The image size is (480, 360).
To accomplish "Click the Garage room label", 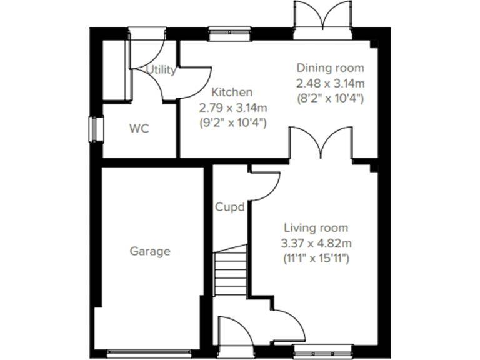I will [x=150, y=251].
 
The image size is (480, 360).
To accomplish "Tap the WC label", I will [x=139, y=129].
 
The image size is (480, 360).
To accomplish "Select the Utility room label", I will [x=161, y=70].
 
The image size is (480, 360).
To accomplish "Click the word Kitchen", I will [x=232, y=92].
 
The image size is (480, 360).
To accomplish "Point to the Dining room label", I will [x=329, y=67].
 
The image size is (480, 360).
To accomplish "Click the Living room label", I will [x=316, y=227].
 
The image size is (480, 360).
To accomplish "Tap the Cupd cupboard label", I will [x=229, y=207].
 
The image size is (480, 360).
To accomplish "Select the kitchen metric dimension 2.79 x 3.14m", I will [x=232, y=107].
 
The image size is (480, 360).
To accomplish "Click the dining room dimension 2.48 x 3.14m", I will [x=330, y=82].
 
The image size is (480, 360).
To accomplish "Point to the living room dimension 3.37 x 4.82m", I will [x=317, y=242].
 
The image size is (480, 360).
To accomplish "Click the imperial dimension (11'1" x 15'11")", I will [x=317, y=257].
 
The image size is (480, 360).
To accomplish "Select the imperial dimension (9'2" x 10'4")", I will [x=232, y=122].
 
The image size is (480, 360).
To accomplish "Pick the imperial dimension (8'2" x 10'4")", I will [x=330, y=98].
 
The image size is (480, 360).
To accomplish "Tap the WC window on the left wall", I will [x=94, y=129].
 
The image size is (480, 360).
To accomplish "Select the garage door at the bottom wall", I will [x=149, y=352].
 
